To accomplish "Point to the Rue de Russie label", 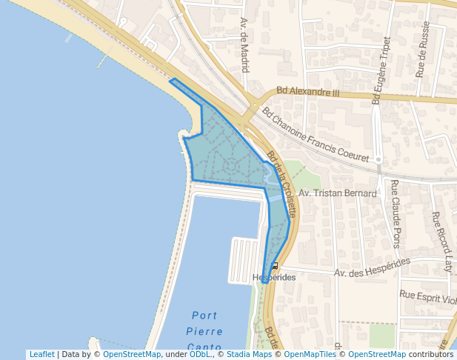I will (x=423, y=58).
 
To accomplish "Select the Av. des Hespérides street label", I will (x=372, y=268).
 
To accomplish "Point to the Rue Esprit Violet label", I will (x=428, y=296).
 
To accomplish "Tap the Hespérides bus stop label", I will (x=273, y=278).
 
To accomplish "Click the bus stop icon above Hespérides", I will (x=275, y=265).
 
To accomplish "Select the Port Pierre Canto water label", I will (x=204, y=331).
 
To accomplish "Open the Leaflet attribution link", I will (x=41, y=354).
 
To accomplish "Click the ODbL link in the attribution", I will (x=200, y=354).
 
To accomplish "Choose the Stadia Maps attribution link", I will (x=249, y=354).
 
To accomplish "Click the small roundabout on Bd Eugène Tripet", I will (x=378, y=159).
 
